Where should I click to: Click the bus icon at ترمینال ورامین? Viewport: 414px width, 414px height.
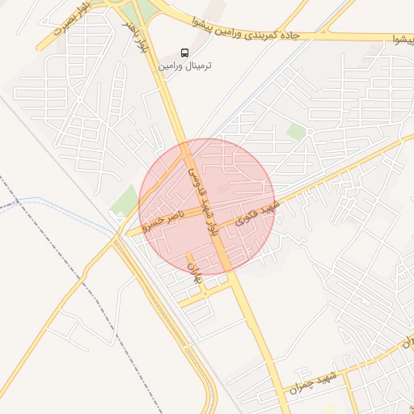point(185,51)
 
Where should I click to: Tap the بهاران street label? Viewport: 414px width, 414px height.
point(193,272)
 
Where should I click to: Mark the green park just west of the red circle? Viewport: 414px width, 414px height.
point(125,199)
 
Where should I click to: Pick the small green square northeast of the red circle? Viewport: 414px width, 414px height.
point(296,131)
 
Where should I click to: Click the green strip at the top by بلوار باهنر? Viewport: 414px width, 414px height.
point(144,8)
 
